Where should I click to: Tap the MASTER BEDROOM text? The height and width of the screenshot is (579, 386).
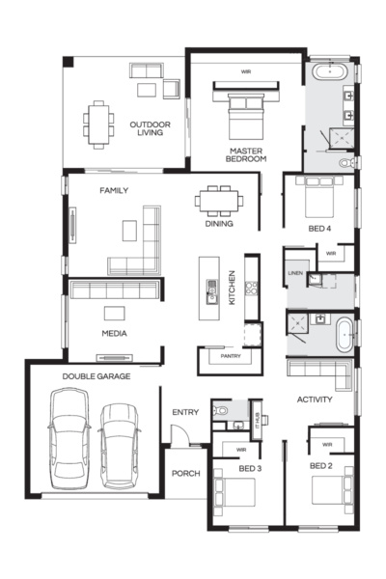[247, 154]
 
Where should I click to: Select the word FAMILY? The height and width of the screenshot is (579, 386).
[114, 190]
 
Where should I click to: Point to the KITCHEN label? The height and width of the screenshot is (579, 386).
[232, 289]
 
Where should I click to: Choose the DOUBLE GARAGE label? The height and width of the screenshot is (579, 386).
[91, 376]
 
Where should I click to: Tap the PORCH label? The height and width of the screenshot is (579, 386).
[184, 473]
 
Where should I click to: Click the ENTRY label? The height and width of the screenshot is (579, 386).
[185, 412]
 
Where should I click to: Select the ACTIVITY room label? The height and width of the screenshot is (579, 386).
[315, 399]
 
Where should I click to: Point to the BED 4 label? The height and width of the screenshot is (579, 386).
[320, 229]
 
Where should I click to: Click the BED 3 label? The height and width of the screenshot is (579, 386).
[250, 468]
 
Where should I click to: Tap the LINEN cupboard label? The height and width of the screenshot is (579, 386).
[295, 275]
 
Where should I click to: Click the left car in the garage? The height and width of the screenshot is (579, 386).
[70, 437]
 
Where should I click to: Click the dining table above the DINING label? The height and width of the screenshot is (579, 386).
[220, 200]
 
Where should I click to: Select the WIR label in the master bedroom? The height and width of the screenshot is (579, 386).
[248, 70]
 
